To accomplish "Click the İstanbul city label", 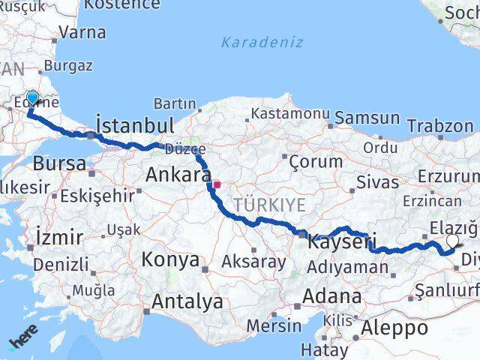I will pyautogui.click(x=136, y=124).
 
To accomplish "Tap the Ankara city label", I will pyautogui.click(x=178, y=174).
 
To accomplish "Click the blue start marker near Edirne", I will pyautogui.click(x=32, y=98).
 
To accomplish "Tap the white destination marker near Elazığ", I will pyautogui.click(x=452, y=241).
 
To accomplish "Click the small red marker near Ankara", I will pyautogui.click(x=217, y=184).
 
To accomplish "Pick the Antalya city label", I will pyautogui.click(x=187, y=301).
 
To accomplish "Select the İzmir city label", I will pyautogui.click(x=59, y=238).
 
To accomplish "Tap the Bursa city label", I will pyautogui.click(x=58, y=163).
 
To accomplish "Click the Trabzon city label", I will pyautogui.click(x=446, y=126).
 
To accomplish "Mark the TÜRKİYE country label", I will pyautogui.click(x=269, y=205).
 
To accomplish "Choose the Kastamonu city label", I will pyautogui.click(x=290, y=114).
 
